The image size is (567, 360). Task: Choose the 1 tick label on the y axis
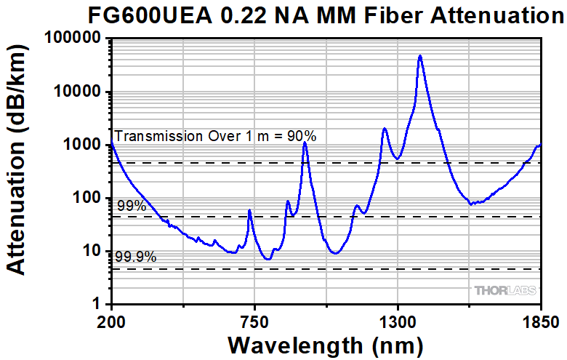click(x=95, y=304)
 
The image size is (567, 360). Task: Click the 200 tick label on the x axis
click(x=111, y=320)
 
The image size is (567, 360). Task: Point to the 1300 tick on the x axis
click(x=397, y=320)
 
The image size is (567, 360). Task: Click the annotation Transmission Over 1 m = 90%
click(x=215, y=135)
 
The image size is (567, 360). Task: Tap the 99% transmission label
click(x=132, y=207)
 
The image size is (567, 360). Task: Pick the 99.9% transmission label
click(x=136, y=256)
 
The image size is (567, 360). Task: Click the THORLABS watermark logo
click(x=506, y=291)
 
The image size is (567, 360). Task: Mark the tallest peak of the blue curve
click(x=419, y=56)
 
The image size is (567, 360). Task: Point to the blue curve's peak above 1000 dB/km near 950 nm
click(x=305, y=143)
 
